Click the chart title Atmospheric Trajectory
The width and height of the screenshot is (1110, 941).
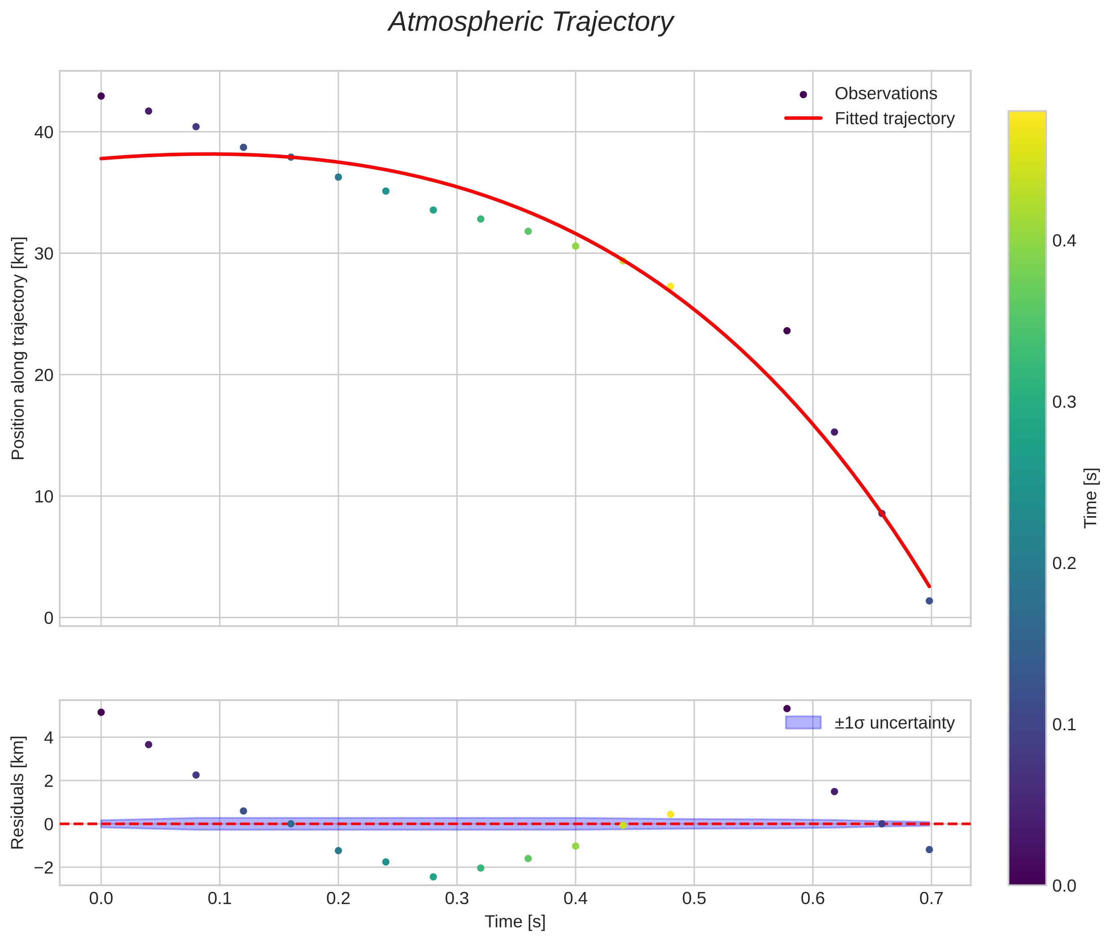click(530, 22)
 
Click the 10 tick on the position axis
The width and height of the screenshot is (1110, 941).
click(44, 496)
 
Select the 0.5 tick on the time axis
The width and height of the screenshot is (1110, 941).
click(694, 899)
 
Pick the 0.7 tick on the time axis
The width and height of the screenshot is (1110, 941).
click(931, 899)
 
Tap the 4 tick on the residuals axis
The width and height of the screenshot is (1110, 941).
click(49, 738)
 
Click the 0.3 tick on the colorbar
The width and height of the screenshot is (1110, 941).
click(1064, 402)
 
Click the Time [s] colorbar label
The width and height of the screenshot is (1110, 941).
click(1091, 498)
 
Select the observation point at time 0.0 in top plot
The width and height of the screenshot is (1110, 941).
click(101, 96)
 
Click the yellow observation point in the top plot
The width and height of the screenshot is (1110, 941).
click(671, 287)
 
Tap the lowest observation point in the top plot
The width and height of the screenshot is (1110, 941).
click(929, 601)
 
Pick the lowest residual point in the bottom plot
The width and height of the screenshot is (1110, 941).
click(433, 877)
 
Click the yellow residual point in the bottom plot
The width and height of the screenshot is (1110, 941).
click(671, 814)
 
